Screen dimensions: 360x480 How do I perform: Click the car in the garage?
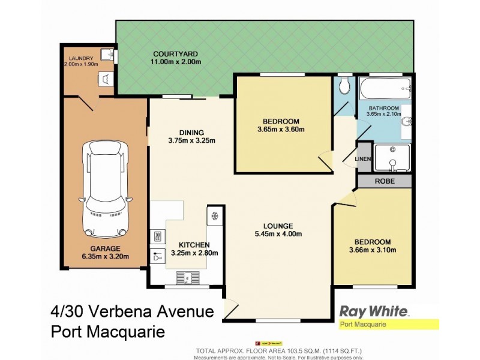point(106,188)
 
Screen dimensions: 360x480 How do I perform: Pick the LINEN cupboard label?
point(364,158)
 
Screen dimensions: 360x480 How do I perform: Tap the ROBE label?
point(385,180)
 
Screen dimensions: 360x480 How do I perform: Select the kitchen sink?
point(187,277)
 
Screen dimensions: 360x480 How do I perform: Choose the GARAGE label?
point(106,248)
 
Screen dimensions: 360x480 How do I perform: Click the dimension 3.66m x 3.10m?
point(373,250)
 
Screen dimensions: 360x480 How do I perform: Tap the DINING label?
point(192,133)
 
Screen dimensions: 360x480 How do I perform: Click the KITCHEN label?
point(194,244)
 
